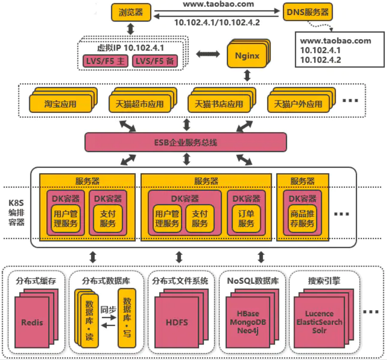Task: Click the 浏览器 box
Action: click(131, 12)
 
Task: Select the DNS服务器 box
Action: click(308, 12)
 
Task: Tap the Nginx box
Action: click(247, 56)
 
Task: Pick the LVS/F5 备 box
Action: click(154, 62)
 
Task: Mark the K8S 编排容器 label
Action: click(16, 213)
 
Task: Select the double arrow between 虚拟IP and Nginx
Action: click(208, 54)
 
